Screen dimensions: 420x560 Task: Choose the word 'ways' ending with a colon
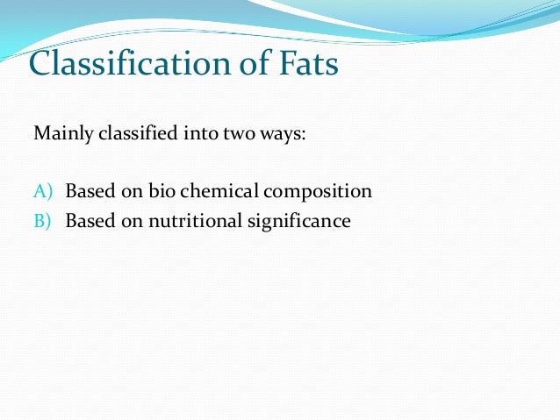point(268,137)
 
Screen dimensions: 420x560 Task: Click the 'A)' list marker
point(43,191)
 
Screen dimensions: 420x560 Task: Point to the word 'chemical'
point(212,191)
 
